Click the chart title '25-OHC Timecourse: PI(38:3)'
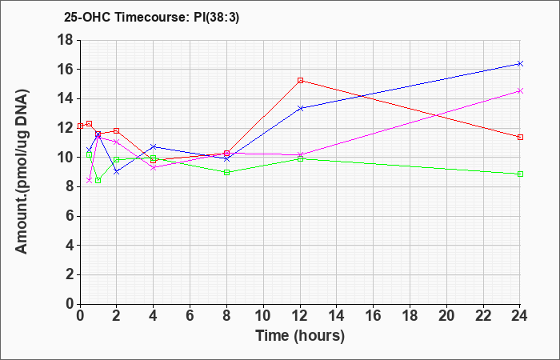click(x=151, y=17)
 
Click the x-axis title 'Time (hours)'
click(x=300, y=336)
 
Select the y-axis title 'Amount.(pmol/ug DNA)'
click(x=22, y=172)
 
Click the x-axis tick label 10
click(x=263, y=316)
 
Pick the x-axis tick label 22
click(x=483, y=316)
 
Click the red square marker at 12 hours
click(x=300, y=80)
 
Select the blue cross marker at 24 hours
click(x=520, y=63)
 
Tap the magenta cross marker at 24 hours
click(x=520, y=91)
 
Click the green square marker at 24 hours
click(x=520, y=174)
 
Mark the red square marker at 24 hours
click(x=520, y=137)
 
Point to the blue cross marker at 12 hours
click(x=300, y=108)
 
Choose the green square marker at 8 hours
click(x=226, y=173)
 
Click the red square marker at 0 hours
click(x=80, y=126)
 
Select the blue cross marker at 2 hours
click(x=117, y=172)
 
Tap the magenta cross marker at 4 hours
click(x=154, y=167)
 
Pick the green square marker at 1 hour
click(x=98, y=180)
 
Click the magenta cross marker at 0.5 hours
click(x=90, y=180)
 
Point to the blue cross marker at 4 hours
click(x=154, y=146)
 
